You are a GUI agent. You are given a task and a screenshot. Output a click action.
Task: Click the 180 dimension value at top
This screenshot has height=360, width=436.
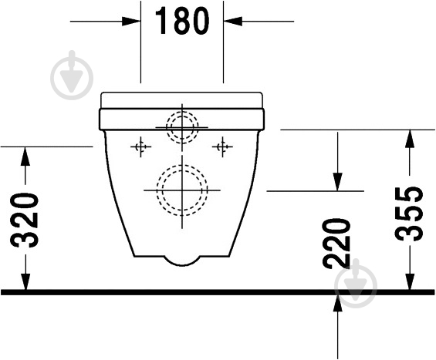[x=181, y=21]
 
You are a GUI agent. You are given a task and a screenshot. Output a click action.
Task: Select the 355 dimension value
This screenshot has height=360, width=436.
[x=409, y=214]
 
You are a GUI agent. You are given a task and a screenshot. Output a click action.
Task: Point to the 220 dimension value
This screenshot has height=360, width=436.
[x=336, y=244]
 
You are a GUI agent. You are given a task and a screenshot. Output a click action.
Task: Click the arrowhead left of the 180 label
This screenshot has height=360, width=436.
[x=130, y=21]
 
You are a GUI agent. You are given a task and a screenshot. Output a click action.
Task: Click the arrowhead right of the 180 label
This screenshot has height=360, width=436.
[x=233, y=21]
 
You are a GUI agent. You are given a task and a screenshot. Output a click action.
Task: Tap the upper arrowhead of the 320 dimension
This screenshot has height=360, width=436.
[x=25, y=156]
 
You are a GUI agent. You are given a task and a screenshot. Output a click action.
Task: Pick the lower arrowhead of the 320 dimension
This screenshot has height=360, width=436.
[x=25, y=281]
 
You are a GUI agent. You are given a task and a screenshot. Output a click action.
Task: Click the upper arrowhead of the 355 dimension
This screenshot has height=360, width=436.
[x=410, y=139]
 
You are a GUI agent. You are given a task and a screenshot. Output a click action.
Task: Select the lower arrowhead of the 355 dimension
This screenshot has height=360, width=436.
[x=410, y=281]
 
